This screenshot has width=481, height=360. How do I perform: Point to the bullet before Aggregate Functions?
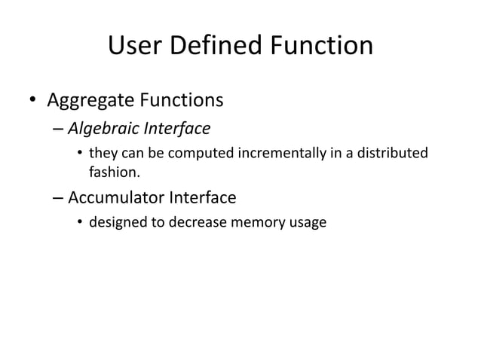(x=32, y=100)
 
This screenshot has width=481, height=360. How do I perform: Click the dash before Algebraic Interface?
(x=59, y=130)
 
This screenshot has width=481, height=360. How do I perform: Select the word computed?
(x=204, y=154)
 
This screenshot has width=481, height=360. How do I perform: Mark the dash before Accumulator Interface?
(x=59, y=199)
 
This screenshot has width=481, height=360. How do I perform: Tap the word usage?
(x=308, y=224)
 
